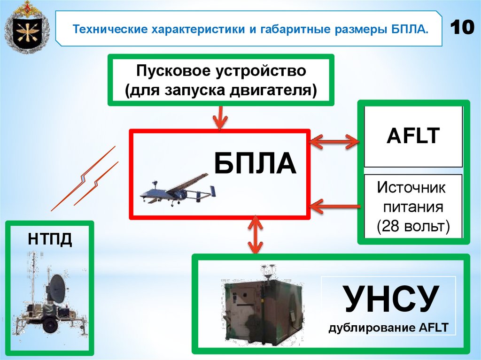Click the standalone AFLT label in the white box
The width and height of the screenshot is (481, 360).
coord(413,137)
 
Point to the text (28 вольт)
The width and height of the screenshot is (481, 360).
coord(413,226)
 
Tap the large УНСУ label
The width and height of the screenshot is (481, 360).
coord(391,299)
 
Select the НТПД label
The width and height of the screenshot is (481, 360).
coord(49,239)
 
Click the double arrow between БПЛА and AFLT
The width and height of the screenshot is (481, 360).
coord(334,139)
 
